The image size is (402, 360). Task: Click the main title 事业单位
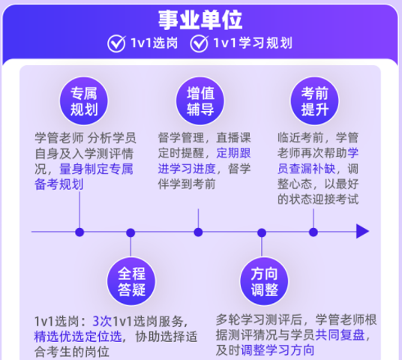(200, 19)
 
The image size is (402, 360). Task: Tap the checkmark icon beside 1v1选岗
(116, 43)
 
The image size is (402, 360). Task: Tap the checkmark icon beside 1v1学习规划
(199, 43)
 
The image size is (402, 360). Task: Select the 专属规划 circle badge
(84, 100)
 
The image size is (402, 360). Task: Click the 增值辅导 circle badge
(200, 100)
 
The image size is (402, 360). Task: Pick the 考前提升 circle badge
(314, 100)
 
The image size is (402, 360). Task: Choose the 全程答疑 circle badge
(131, 281)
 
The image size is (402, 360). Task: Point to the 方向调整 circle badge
(264, 281)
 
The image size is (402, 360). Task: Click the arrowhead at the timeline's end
(362, 231)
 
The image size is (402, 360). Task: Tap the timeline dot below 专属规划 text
(79, 232)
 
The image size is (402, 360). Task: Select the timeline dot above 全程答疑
(130, 232)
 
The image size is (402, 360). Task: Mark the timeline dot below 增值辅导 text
(198, 232)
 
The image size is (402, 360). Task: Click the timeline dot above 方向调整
(262, 232)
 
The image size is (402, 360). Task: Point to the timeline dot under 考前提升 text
(313, 232)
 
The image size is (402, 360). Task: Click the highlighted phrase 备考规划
(59, 184)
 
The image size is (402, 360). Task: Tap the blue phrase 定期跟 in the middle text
(233, 153)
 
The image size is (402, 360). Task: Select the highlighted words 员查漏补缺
(306, 169)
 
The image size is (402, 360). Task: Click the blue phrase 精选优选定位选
(78, 337)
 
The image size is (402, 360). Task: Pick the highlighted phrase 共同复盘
(340, 334)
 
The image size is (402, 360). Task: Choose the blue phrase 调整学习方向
(277, 350)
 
